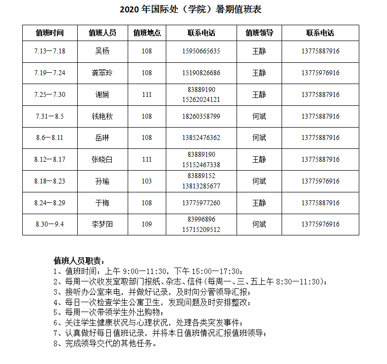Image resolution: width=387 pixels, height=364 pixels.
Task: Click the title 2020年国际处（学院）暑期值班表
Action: [x=191, y=9]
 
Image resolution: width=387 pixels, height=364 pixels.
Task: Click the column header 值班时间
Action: [x=49, y=33]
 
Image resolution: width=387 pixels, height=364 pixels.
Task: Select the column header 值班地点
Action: [x=147, y=33]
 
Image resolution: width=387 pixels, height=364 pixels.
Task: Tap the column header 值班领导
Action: [x=259, y=33]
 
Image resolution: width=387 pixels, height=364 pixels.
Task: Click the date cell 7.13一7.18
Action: [x=49, y=51]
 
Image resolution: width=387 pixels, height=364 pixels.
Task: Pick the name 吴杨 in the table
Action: [x=102, y=51]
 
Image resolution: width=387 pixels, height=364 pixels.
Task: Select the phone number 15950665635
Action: [x=201, y=51]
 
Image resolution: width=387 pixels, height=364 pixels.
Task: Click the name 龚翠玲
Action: [x=102, y=73]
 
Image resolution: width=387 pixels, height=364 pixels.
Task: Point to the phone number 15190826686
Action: [x=201, y=73]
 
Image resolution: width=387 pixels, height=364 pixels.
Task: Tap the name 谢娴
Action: [x=102, y=94]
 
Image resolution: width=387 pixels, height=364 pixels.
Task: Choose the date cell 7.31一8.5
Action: [x=49, y=116]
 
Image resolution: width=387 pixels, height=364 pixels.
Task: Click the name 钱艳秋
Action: [x=102, y=116]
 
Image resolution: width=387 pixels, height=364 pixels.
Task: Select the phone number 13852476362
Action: [x=201, y=138]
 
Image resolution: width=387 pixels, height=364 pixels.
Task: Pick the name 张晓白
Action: [x=102, y=159]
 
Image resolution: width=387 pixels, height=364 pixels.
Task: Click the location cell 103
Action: [x=147, y=181]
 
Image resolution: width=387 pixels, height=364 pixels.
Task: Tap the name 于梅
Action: [x=102, y=203]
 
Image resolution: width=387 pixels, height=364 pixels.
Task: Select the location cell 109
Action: [x=147, y=225]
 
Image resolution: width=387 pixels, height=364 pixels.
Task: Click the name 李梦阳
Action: [x=102, y=225]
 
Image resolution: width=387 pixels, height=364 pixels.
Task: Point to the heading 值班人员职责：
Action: [x=79, y=261]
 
